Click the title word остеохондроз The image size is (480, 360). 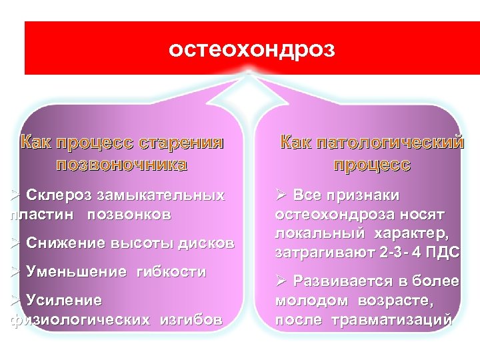pyautogui.click(x=251, y=49)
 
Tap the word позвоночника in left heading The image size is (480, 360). pyautogui.click(x=122, y=165)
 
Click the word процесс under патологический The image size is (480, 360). pyautogui.click(x=372, y=165)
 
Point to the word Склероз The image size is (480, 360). pyautogui.click(x=59, y=195)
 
